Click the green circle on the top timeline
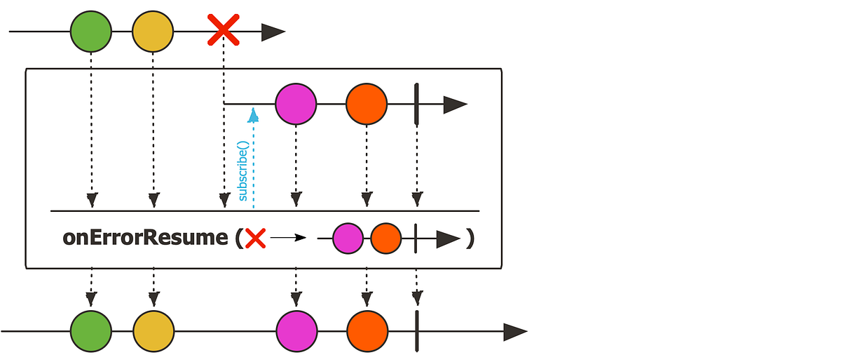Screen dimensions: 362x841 90,32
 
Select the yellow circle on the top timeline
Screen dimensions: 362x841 153,32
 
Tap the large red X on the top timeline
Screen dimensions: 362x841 224,32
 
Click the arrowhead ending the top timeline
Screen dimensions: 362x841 273,32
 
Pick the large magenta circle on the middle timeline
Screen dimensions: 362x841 296,105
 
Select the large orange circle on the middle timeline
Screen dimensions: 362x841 366,105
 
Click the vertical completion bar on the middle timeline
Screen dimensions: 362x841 417,105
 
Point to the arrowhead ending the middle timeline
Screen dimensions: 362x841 455,105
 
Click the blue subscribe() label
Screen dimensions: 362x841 243,170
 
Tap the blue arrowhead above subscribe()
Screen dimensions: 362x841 253,114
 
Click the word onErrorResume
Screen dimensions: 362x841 145,238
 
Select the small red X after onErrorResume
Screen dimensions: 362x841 255,239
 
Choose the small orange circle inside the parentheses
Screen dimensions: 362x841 385,239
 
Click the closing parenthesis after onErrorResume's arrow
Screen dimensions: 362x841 470,239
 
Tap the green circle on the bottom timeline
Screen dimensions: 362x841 90,332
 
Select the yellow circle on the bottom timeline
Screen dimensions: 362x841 153,332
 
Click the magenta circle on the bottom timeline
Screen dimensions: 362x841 296,332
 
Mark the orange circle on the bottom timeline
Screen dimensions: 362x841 366,332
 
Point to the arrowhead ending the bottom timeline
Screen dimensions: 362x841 515,332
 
